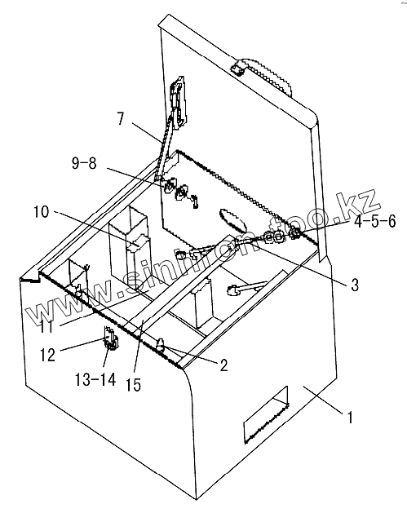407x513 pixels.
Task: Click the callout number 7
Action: (121, 118)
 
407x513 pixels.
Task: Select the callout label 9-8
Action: (84, 162)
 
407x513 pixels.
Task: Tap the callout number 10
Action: (42, 212)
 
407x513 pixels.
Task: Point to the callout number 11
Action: (46, 326)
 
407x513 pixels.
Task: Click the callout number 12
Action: (47, 355)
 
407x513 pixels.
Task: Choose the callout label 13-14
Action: (95, 379)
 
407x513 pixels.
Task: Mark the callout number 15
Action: (133, 385)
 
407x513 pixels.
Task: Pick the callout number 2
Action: (223, 365)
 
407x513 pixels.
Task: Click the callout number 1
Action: (350, 418)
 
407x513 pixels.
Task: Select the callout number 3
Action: (355, 285)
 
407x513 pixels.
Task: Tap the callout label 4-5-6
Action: (375, 222)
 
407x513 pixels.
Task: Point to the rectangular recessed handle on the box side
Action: (267, 415)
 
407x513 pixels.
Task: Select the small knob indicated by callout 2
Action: (161, 345)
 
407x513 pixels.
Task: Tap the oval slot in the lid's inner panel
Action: (233, 220)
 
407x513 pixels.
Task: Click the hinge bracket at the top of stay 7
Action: (179, 101)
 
